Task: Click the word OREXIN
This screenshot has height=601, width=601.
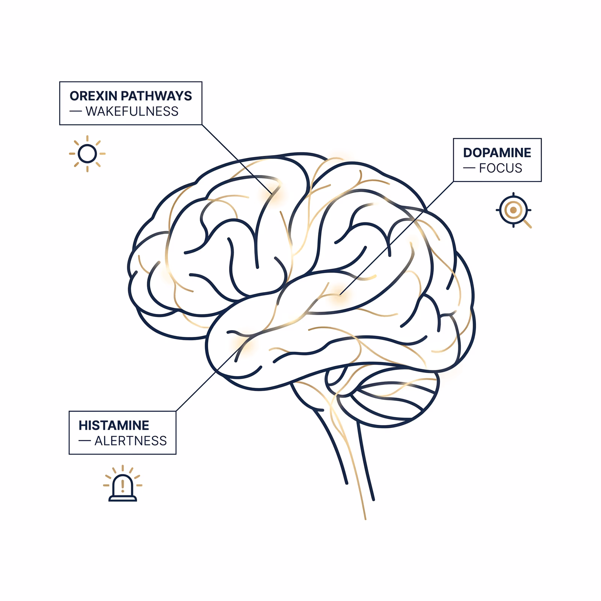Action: click(x=94, y=96)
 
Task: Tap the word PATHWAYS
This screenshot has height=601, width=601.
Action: click(x=156, y=96)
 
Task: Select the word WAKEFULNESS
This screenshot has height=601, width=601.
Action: click(x=132, y=112)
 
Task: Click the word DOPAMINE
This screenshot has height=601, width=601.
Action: click(x=497, y=153)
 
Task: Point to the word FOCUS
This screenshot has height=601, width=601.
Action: click(x=501, y=168)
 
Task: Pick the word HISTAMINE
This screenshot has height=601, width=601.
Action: click(x=114, y=426)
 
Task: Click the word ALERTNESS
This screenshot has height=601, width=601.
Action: click(x=130, y=441)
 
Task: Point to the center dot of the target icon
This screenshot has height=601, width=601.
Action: click(x=513, y=210)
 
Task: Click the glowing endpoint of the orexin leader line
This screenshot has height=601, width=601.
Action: click(x=272, y=194)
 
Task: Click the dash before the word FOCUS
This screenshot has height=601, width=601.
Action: click(x=470, y=168)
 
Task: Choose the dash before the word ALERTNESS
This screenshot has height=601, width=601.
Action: click(x=85, y=441)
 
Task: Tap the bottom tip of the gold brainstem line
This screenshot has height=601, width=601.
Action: click(x=365, y=519)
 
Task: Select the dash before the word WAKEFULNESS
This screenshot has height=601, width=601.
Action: click(x=76, y=112)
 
